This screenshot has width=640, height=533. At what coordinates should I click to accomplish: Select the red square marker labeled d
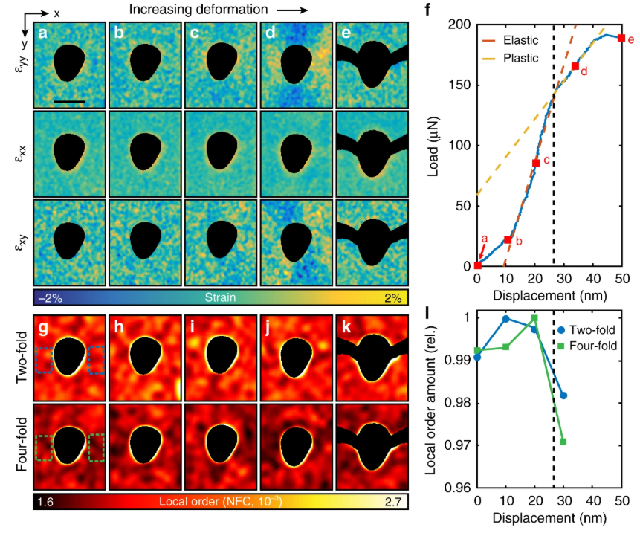click(x=575, y=67)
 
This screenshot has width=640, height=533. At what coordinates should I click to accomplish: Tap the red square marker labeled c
click(x=535, y=163)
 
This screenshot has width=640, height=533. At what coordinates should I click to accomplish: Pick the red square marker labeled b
click(x=508, y=239)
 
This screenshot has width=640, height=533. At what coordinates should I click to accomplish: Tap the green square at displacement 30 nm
click(x=563, y=442)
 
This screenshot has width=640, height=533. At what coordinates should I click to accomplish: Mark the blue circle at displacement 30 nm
click(x=563, y=395)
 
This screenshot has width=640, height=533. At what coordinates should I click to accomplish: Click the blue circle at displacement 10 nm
click(x=506, y=318)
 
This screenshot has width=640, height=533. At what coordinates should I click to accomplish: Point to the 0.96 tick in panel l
click(x=459, y=488)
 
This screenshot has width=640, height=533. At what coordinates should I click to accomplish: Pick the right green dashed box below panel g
click(x=97, y=448)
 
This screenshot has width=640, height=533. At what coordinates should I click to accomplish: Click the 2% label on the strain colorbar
click(x=392, y=299)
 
